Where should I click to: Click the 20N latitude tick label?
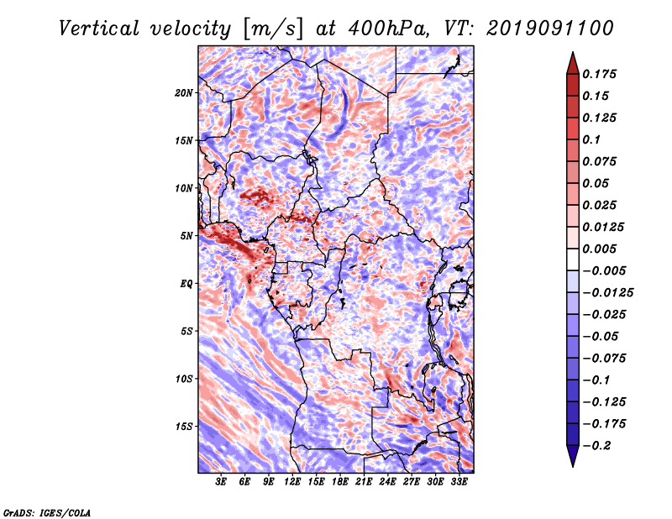pos(184,93)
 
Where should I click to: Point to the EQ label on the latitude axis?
pos(186,284)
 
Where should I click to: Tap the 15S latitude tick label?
pos(184,427)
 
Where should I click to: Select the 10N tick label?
pos(184,188)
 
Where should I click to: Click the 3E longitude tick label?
pos(221,482)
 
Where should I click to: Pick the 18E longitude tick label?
pos(340,482)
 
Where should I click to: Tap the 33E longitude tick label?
pos(459,482)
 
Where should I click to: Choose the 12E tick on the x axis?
pos(292,482)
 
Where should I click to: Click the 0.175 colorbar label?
pos(599,74)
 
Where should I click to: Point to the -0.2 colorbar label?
pos(596,446)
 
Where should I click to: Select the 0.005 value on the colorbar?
pos(599,249)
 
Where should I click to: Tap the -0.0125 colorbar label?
pos(607,293)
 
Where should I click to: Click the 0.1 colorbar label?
pos(591,139)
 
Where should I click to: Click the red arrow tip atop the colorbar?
pos(573,52)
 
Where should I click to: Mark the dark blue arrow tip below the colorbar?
pos(573,466)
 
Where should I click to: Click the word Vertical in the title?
pos(99,29)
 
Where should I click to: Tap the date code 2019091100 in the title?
pos(550,29)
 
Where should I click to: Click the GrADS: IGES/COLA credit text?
pos(47,513)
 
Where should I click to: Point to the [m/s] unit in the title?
pos(274,29)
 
